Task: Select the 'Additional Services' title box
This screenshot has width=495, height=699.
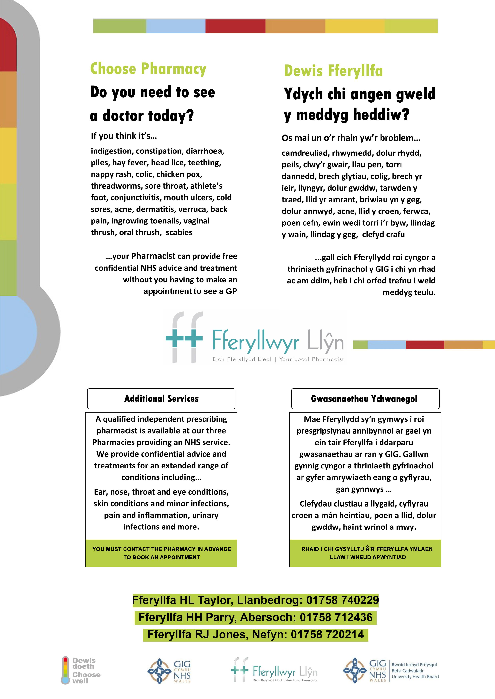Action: point(161,399)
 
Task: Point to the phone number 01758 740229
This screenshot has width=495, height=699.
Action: point(342,600)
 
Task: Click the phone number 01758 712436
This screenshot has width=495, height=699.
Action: point(336,617)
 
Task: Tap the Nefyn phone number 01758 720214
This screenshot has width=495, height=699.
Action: point(327,634)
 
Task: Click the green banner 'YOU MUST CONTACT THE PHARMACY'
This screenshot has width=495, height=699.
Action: point(161,553)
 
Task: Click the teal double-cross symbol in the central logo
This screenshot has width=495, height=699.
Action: point(184,338)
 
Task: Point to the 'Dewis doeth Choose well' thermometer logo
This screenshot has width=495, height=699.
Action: point(81,671)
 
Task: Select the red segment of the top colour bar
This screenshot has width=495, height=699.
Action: point(235,26)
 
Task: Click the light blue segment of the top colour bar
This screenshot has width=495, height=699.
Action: point(176,26)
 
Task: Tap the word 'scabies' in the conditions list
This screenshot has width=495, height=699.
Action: point(179,232)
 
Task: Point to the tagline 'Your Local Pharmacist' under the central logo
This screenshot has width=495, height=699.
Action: point(312,359)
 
